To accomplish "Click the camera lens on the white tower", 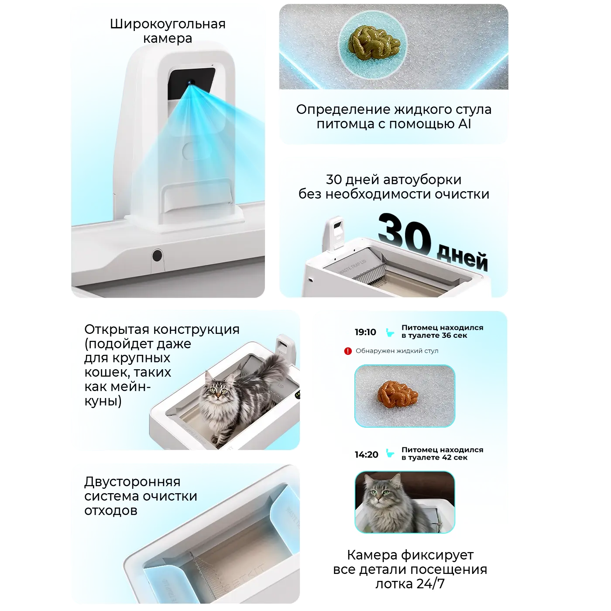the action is [x=190, y=82].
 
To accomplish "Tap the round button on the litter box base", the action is [x=157, y=255].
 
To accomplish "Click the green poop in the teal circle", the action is [x=373, y=41].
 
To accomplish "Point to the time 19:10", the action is [x=365, y=332].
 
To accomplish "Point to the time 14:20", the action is [x=367, y=454].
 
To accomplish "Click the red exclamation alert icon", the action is [x=348, y=351].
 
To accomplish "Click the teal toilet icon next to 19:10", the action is [x=390, y=332].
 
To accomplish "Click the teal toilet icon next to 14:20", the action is [x=390, y=454].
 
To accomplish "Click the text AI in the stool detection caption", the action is [x=464, y=124].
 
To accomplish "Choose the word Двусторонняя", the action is [x=132, y=482].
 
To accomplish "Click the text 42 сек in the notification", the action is [x=452, y=457].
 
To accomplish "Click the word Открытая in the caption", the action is [x=117, y=330].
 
